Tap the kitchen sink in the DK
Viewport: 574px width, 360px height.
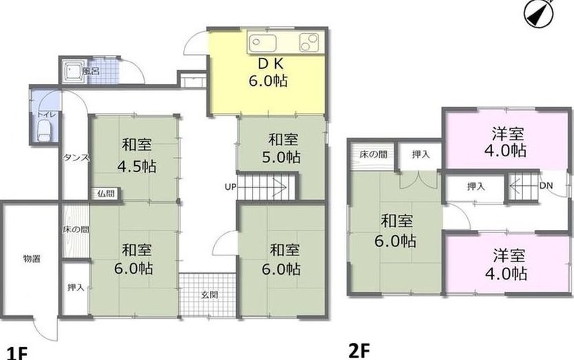coord(262,42)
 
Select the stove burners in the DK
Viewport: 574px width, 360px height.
coord(309,42)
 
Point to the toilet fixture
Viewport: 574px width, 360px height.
coord(44,131)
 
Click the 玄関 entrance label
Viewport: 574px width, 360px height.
coord(210,295)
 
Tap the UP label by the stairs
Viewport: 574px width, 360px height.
coord(231,187)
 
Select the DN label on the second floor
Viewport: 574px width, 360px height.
coord(546,186)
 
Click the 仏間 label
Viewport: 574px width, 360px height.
coord(106,193)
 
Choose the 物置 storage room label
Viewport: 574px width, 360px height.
coord(32,259)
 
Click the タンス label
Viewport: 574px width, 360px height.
coord(76,158)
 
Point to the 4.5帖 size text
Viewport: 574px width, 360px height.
coord(136,167)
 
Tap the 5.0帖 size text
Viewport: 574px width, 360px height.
coord(281,157)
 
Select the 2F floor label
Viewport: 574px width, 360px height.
coord(359,351)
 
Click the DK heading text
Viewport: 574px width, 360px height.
coord(270,64)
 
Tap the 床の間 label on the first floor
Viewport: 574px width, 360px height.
coord(76,230)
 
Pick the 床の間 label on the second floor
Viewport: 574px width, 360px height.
coord(374,155)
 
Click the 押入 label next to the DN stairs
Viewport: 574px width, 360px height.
coord(476,187)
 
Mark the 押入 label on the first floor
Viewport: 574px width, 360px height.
coord(76,288)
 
